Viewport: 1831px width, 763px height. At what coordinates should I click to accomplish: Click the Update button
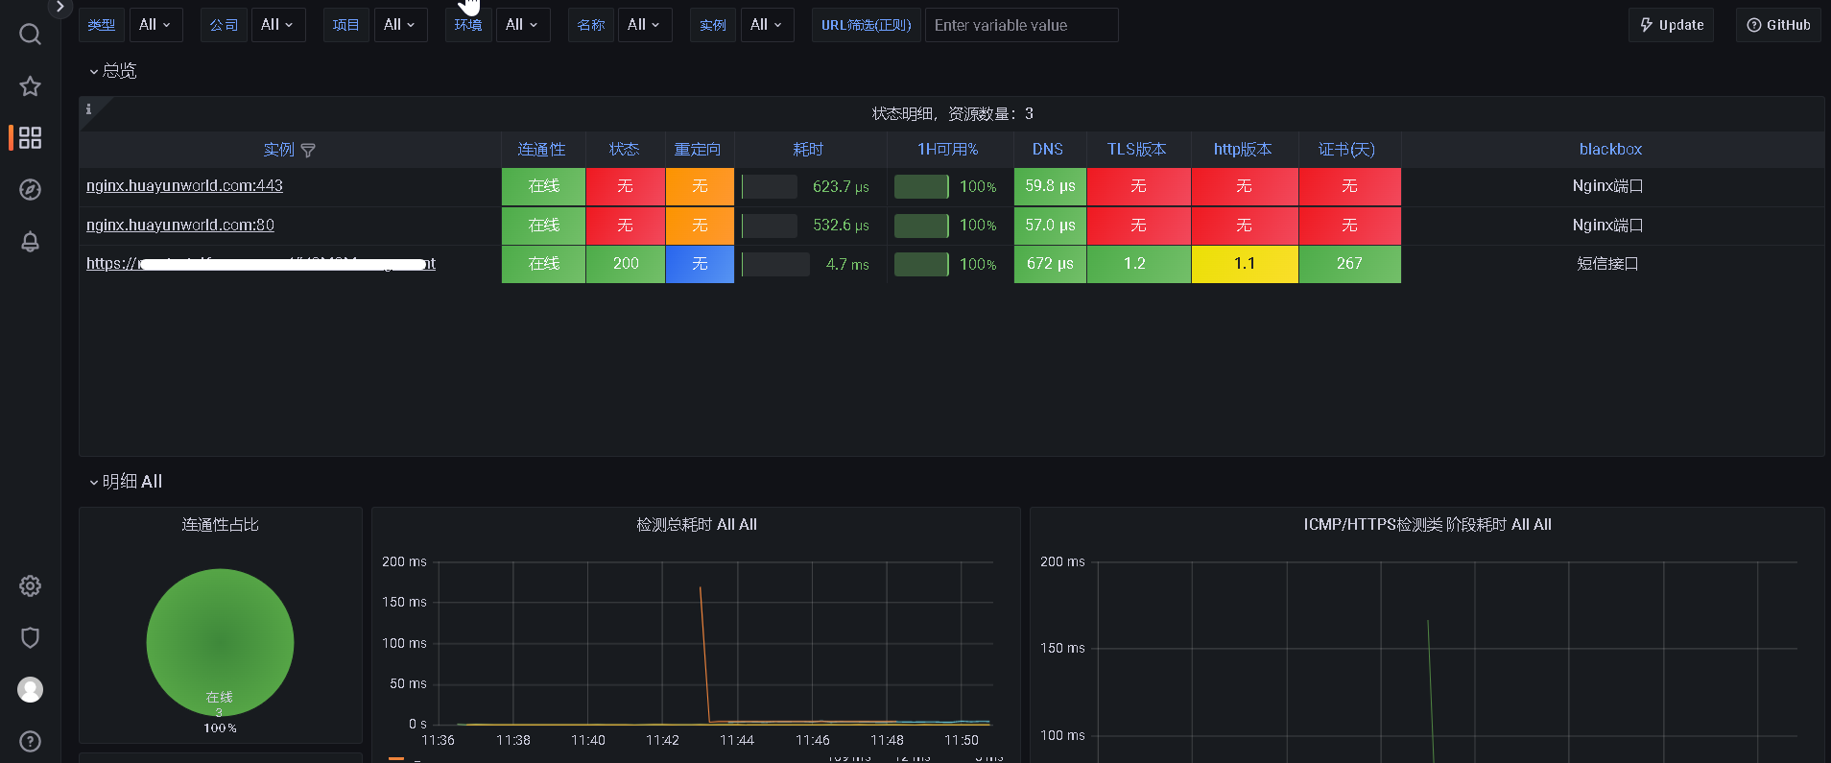[x=1671, y=25]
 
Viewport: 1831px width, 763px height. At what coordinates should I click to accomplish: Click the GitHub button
[x=1778, y=25]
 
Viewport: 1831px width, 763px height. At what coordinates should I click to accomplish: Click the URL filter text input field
[x=1021, y=25]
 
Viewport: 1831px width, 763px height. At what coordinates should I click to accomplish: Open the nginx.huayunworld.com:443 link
[x=184, y=186]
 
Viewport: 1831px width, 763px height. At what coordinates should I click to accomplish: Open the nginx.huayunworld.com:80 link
[x=180, y=225]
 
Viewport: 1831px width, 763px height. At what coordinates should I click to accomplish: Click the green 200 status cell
[x=626, y=264]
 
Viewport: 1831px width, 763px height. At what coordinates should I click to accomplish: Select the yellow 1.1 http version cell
[x=1245, y=264]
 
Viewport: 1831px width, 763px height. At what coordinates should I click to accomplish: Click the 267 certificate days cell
[x=1349, y=264]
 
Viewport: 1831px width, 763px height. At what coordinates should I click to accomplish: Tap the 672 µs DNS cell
[x=1050, y=264]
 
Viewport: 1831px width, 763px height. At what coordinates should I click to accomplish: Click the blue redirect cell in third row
[x=700, y=264]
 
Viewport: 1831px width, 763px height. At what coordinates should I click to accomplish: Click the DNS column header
[x=1047, y=150]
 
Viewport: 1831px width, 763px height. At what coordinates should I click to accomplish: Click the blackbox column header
[x=1610, y=150]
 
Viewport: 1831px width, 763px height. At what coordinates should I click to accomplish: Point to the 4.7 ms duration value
[x=847, y=265]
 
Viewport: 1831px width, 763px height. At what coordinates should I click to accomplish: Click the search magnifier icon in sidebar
[x=30, y=35]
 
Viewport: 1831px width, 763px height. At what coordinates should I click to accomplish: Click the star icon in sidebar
[x=30, y=86]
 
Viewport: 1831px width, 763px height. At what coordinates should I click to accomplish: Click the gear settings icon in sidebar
[x=30, y=586]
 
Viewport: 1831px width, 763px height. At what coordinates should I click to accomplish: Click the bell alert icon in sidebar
[x=30, y=242]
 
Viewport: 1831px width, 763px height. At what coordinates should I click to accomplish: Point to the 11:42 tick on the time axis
[x=662, y=740]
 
